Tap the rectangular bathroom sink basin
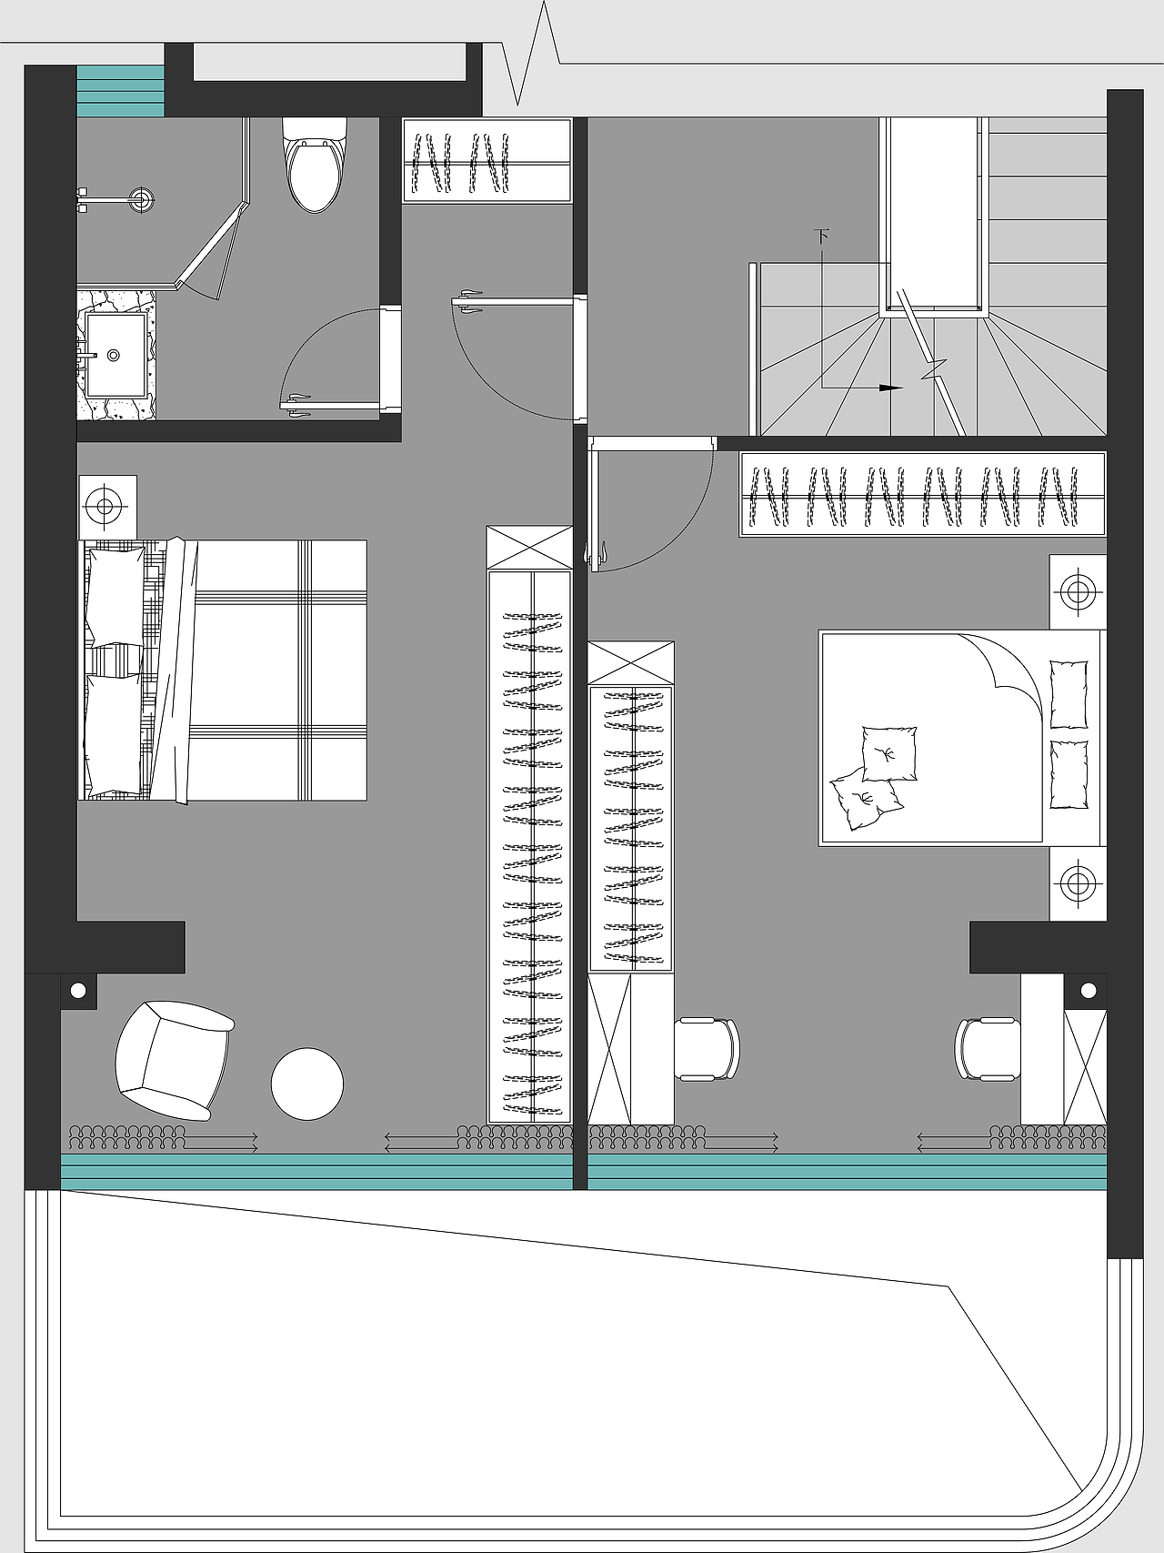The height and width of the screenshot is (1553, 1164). coord(115,356)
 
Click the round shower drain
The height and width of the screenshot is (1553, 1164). coord(141,198)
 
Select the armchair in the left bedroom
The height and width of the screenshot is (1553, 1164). coord(173,1061)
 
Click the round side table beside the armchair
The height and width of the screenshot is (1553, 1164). coord(307,1084)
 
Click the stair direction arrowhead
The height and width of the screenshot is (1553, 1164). coord(891,388)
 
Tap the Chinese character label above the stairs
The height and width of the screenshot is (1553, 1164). coord(822,237)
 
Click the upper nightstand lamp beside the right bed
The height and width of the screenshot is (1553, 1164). coord(1079,592)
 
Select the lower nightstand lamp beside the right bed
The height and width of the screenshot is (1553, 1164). coord(1079,882)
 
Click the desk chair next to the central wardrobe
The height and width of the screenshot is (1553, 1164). coord(707,1049)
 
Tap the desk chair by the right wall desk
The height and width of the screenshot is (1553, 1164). coord(988,1049)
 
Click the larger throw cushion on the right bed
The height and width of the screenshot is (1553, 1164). coord(888,753)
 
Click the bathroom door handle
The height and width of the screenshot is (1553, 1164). coord(297,406)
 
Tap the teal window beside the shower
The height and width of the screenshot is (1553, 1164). coord(120,91)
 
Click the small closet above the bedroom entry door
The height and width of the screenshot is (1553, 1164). coord(487,161)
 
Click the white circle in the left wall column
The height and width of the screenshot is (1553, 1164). coord(78,990)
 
